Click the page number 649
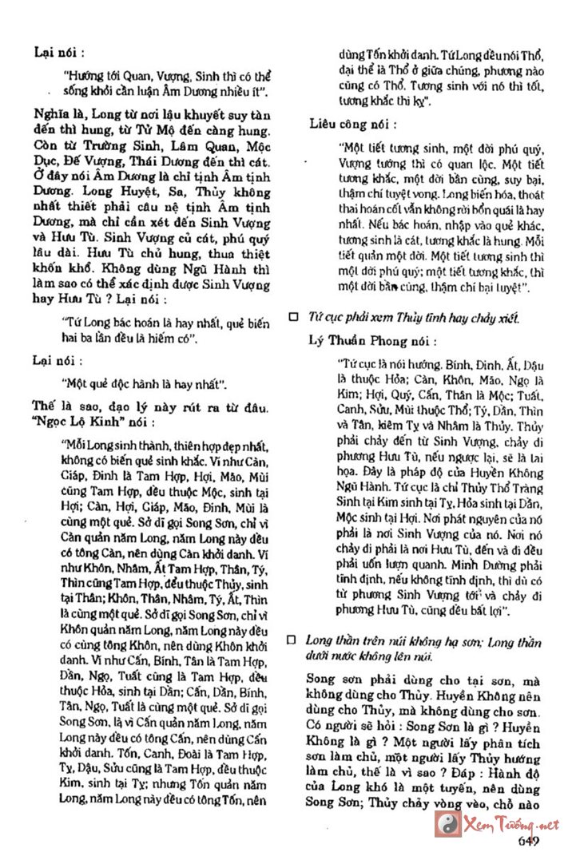(531, 840)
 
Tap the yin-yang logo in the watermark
(446, 822)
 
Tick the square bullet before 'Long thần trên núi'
(292, 640)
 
